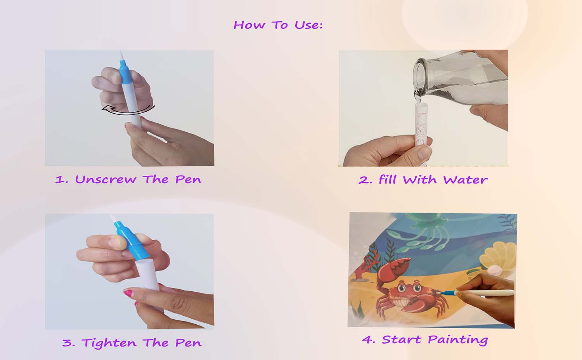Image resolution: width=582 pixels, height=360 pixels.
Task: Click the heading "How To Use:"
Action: coord(278,25)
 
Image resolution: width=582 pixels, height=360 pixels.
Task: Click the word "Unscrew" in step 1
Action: coord(106,179)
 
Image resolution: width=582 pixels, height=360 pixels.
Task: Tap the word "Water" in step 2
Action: coord(465,180)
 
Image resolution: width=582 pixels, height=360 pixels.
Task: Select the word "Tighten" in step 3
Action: coord(109,343)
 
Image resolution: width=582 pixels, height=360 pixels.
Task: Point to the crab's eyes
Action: coord(409,287)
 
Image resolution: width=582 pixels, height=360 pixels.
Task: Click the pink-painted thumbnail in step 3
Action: coord(128,293)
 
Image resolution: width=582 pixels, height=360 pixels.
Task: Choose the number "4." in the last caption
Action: coord(369,339)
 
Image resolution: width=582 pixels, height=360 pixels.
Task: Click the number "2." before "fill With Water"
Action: coord(365,180)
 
